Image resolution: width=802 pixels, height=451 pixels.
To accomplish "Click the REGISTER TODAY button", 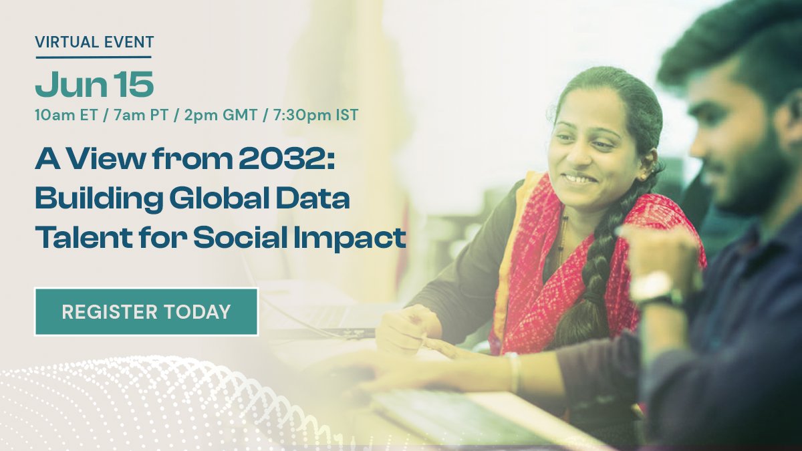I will [146, 311].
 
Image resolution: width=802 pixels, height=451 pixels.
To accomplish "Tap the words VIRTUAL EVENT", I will [94, 42].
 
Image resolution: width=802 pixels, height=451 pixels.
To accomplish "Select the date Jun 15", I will [94, 85].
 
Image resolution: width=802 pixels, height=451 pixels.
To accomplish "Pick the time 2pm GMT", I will [227, 115].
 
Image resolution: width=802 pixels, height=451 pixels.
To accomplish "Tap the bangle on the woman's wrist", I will [513, 371].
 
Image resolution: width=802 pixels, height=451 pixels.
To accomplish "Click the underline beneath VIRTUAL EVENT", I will [94, 57].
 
